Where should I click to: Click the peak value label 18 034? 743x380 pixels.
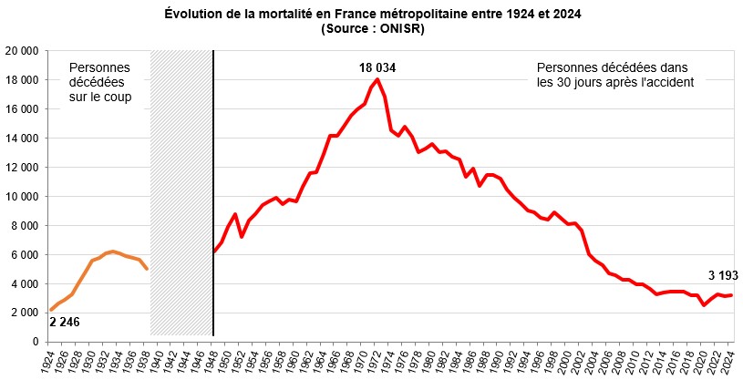click(x=377, y=67)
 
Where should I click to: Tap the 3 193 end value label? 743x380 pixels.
click(x=724, y=275)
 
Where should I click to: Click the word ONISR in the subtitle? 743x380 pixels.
click(x=402, y=28)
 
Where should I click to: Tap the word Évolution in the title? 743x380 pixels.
click(x=196, y=14)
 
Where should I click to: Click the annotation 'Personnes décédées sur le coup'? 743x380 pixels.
click(x=99, y=82)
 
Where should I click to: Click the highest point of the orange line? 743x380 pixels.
click(x=112, y=251)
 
